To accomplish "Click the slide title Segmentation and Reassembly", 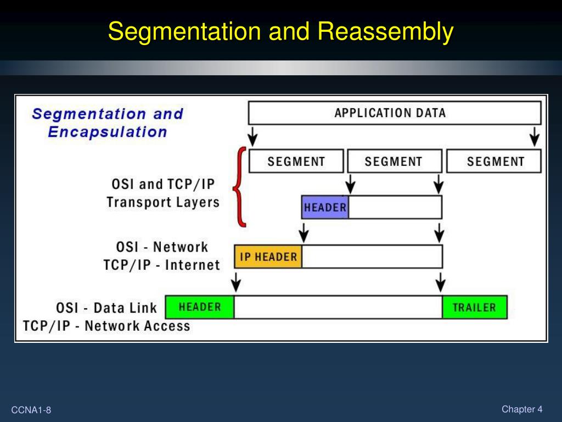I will pos(280,31).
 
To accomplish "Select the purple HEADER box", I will pos(325,207).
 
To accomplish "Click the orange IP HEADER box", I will pos(268,257).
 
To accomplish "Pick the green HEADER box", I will pos(200,307).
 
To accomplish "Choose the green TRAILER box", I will pos(474,307).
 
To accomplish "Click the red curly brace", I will pos(240,187).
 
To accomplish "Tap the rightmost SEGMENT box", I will pos(494,162).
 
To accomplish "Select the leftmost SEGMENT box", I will pos(296,162).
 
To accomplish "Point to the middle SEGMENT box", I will pos(394,162).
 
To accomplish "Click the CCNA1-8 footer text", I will pos(31,410).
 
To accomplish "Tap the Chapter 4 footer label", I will pos(521,409).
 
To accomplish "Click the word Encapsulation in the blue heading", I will pos(108,132).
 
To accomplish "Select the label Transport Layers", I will pos(163,202).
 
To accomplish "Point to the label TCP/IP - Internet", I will pos(161,265).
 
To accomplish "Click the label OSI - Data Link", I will pos(106,308).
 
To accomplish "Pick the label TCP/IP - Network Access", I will pos(106,326).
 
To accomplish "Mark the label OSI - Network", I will pos(162,247).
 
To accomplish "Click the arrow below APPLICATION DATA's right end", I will pos(534,136).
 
